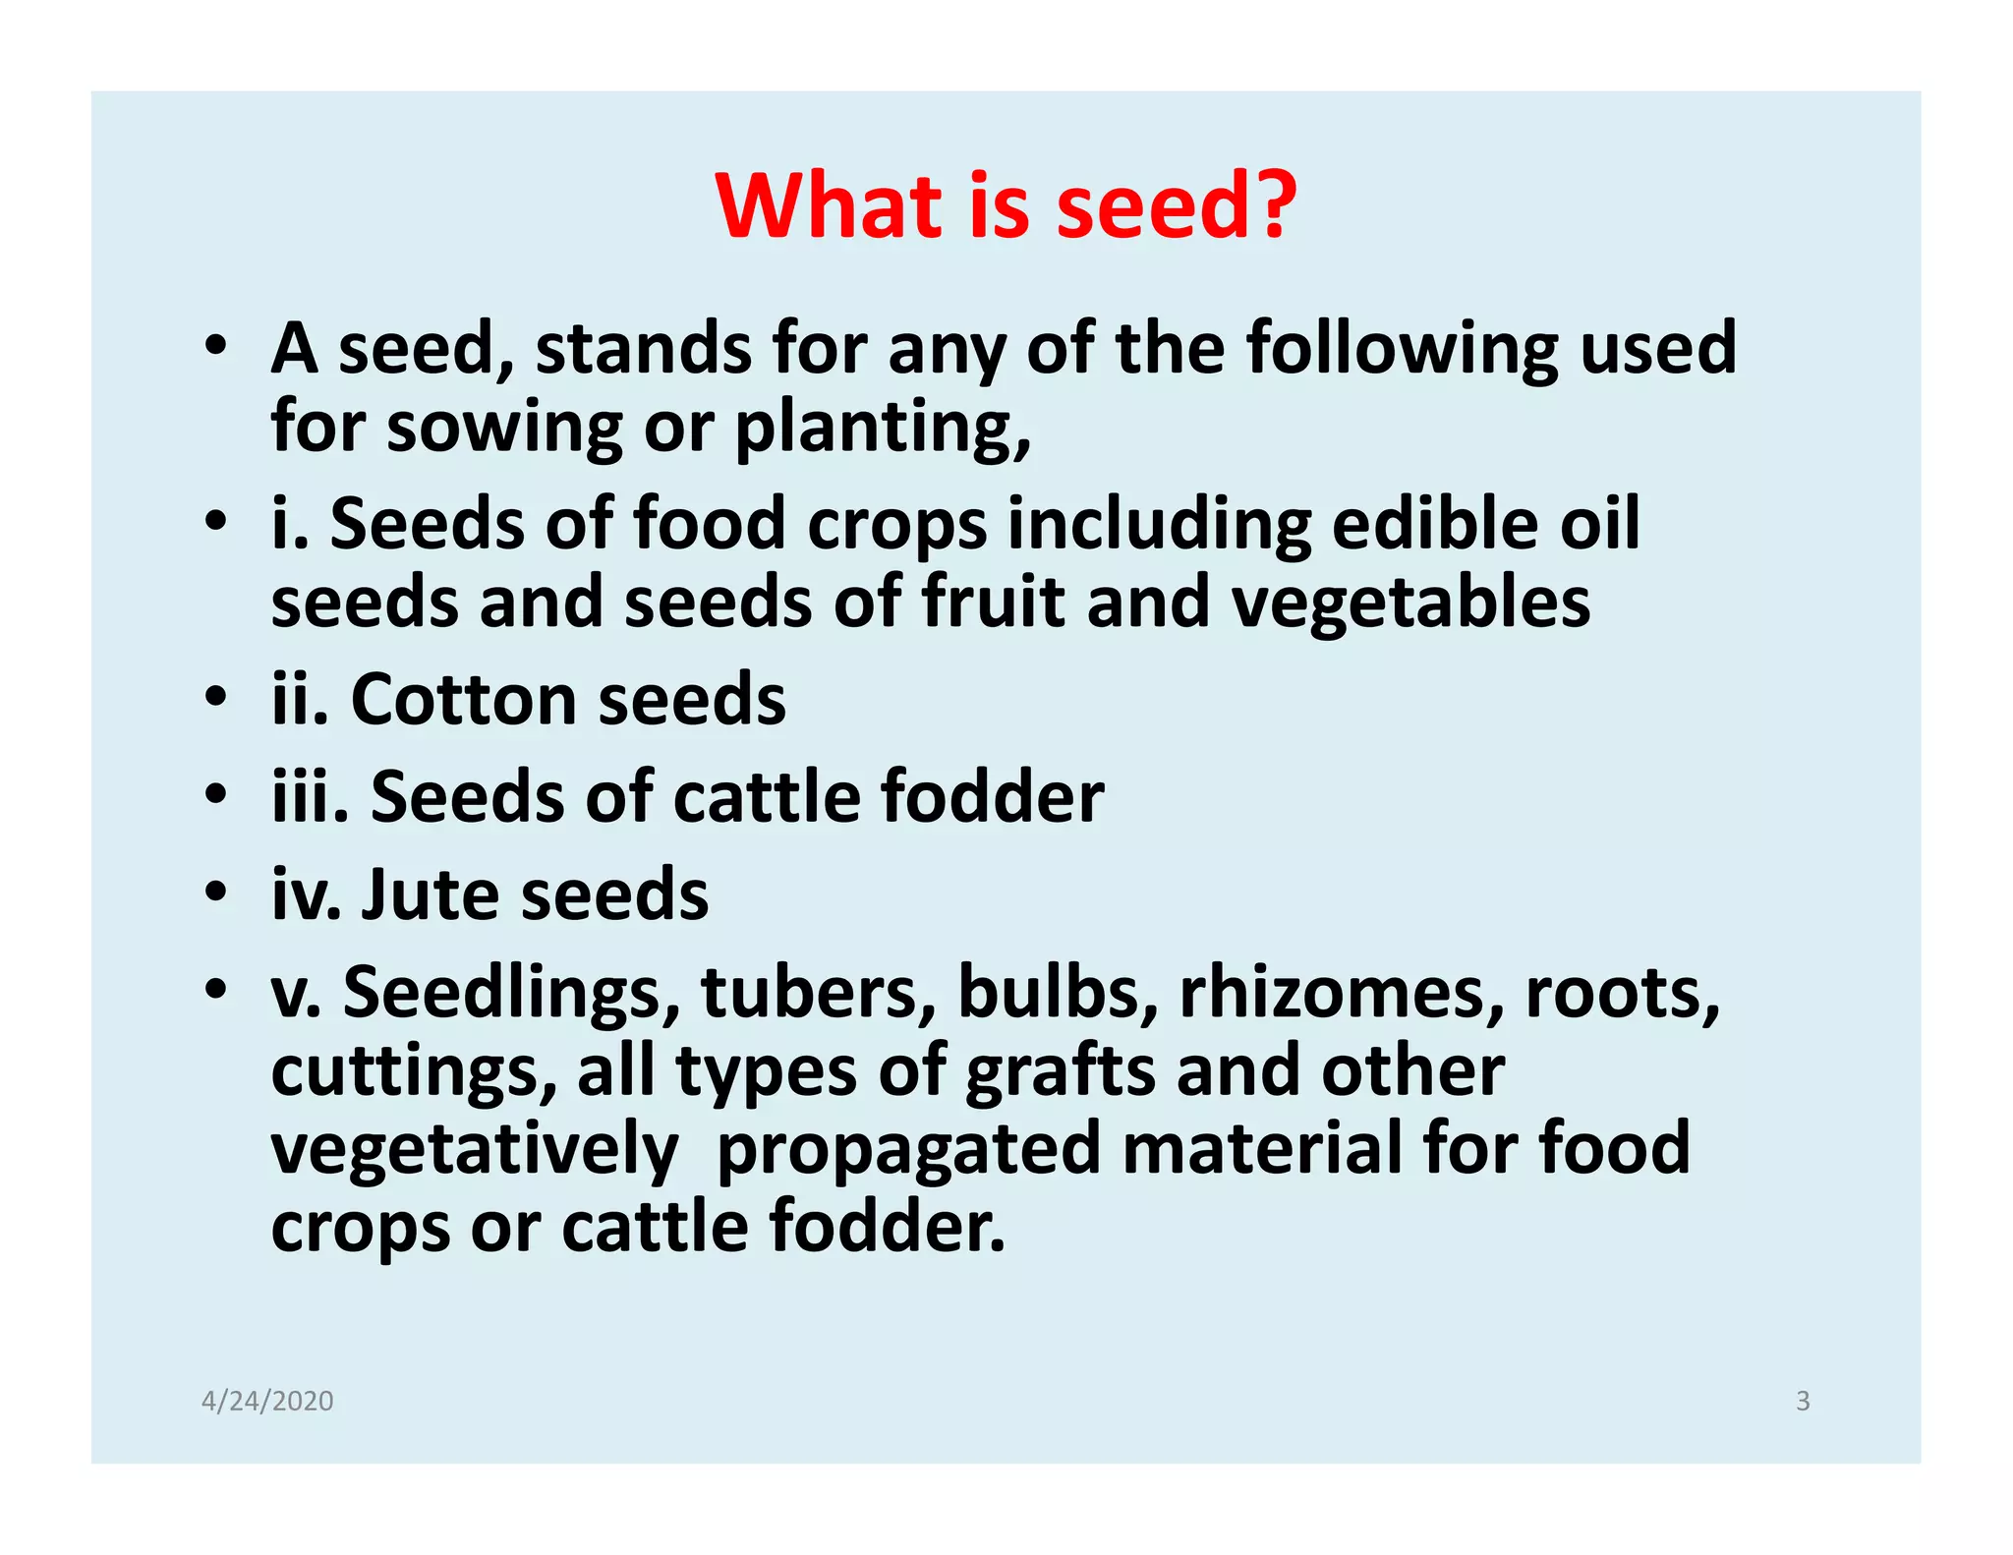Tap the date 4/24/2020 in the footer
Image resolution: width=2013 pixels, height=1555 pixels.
267,1401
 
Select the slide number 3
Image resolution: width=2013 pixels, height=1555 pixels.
1803,1401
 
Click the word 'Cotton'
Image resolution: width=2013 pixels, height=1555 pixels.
463,700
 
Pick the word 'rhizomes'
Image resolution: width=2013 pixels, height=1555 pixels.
1342,992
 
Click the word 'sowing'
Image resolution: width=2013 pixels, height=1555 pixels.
504,430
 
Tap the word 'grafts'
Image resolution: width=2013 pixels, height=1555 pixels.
1061,1072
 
